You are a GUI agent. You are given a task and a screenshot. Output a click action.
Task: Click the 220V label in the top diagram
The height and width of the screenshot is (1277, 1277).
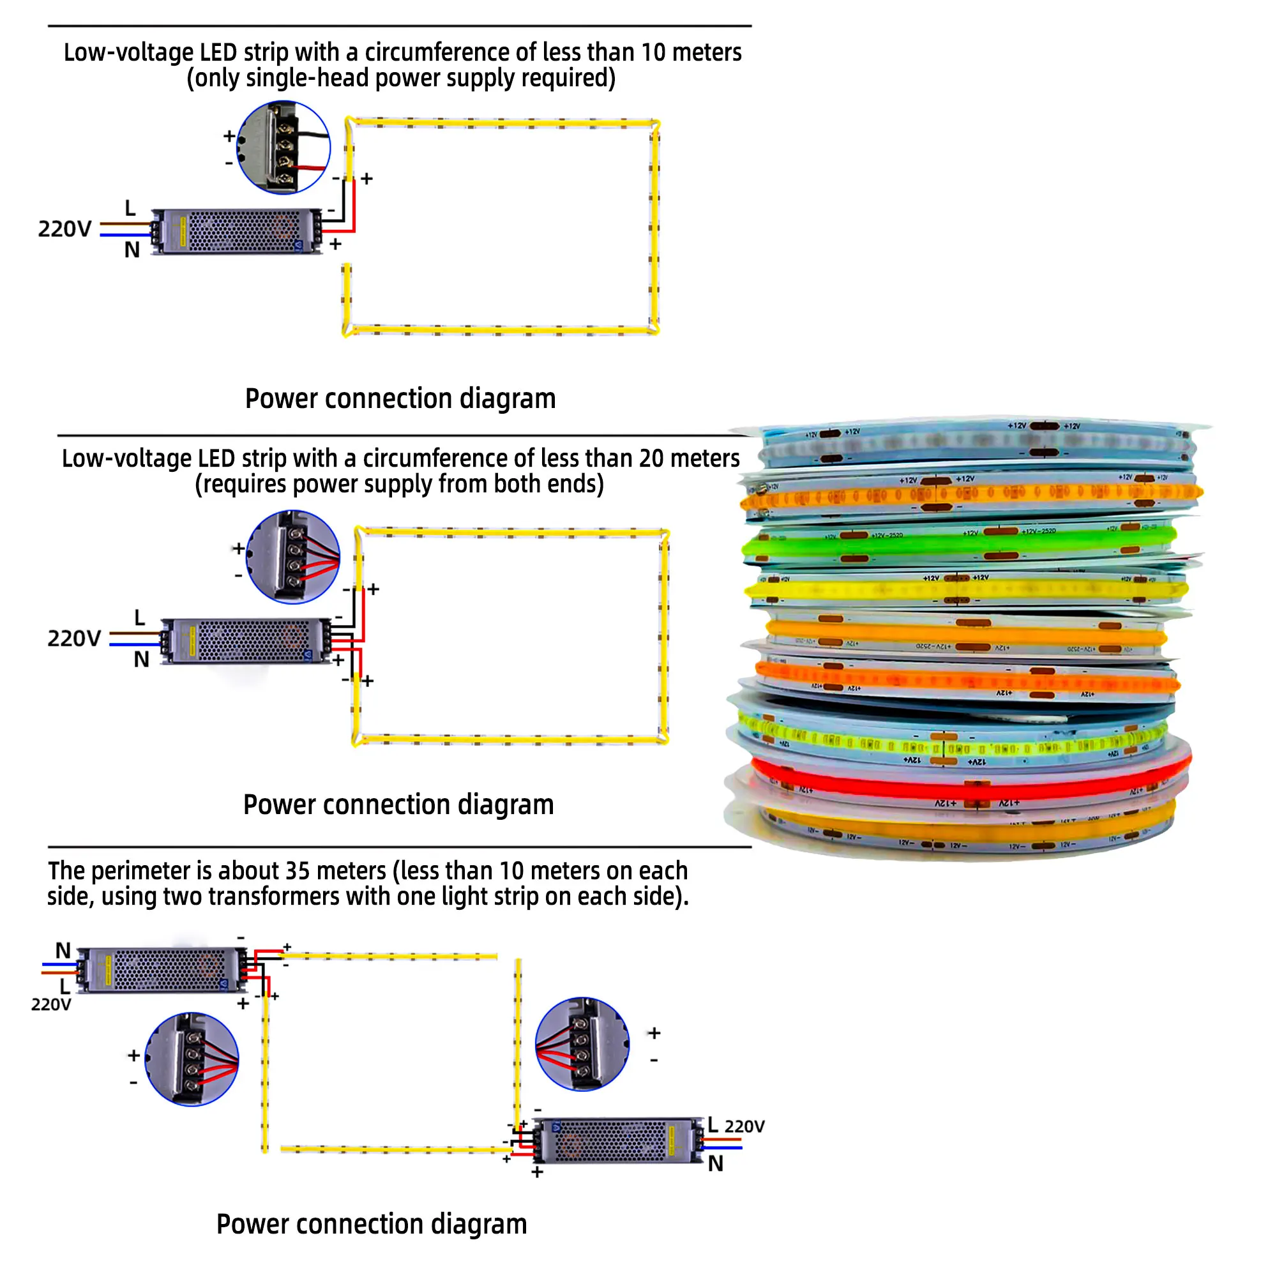tap(64, 229)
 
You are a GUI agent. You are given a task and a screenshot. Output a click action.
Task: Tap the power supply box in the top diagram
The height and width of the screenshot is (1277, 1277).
tap(237, 231)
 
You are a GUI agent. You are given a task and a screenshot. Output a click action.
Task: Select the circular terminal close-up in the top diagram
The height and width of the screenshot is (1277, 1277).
tap(283, 147)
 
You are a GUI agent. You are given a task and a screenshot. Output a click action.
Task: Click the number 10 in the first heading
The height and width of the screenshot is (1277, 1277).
tap(653, 52)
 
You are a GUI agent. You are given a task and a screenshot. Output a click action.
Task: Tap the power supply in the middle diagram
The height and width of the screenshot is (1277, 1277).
tap(246, 641)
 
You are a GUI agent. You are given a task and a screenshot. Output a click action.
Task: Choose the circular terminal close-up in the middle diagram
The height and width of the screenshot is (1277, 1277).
tap(293, 557)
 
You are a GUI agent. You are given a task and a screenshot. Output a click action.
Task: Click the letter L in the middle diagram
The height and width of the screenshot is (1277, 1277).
tap(139, 618)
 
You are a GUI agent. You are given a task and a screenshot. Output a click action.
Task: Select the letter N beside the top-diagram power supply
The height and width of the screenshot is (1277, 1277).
tap(132, 250)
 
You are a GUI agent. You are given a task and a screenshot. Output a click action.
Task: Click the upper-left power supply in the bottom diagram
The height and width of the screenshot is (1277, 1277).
tap(163, 970)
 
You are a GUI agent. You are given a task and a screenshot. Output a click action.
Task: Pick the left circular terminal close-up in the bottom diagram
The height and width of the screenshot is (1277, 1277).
tap(192, 1059)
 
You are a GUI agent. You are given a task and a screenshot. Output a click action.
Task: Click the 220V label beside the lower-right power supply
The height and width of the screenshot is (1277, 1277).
tap(744, 1126)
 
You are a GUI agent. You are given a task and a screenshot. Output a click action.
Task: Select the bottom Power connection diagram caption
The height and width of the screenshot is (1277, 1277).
tap(372, 1223)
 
